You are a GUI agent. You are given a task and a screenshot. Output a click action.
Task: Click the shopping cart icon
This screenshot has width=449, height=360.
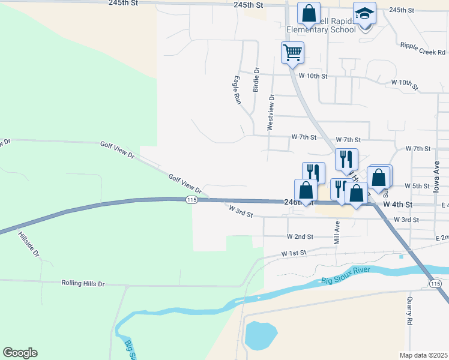click(292, 52)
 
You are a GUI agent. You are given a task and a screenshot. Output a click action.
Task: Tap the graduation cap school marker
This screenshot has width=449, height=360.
click(364, 13)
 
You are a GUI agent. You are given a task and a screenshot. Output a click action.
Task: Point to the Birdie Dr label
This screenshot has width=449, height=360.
click(256, 78)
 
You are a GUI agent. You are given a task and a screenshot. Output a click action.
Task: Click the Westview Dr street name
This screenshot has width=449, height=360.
click(271, 113)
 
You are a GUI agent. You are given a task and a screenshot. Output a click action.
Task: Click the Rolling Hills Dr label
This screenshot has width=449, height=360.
click(83, 283)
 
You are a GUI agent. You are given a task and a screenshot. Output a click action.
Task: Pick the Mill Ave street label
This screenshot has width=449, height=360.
click(337, 233)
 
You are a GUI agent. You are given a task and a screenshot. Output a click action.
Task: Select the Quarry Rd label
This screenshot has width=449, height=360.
click(410, 313)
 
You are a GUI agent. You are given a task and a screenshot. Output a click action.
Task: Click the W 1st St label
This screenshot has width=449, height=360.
click(295, 253)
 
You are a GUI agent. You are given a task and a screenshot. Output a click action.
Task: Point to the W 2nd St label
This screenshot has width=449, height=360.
click(300, 237)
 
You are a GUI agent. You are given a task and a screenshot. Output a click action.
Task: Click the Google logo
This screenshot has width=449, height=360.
click(20, 353)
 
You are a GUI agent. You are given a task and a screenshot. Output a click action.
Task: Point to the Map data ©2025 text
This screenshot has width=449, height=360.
click(423, 355)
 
